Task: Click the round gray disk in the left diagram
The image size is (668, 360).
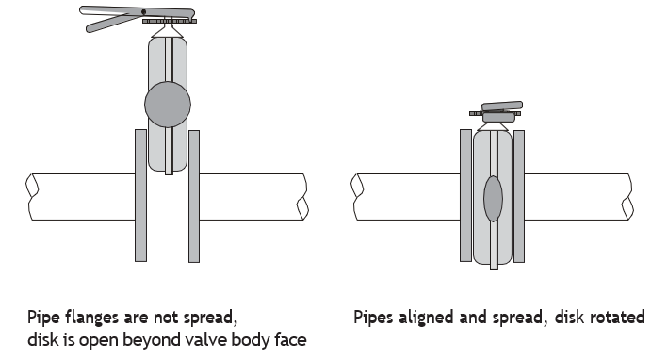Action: (x=168, y=105)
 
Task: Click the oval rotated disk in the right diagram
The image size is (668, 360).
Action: (x=493, y=199)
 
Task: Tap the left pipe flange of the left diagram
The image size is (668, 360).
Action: (x=140, y=196)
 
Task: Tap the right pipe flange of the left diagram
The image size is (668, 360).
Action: (x=194, y=196)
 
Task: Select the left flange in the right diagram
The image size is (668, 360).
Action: (x=465, y=196)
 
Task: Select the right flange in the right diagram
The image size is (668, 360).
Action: (x=519, y=196)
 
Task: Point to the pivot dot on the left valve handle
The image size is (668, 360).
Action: (x=143, y=12)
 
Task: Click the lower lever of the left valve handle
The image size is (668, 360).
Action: (x=108, y=24)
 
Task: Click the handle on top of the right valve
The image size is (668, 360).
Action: (x=502, y=106)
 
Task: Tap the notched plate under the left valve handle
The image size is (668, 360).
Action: (x=170, y=21)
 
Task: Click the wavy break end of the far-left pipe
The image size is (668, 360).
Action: (x=31, y=197)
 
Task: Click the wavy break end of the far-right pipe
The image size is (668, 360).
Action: (x=627, y=197)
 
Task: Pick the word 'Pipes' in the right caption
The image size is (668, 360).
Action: (x=373, y=318)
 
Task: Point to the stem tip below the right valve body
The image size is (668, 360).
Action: (x=494, y=267)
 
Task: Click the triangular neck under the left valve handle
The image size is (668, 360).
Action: (x=169, y=31)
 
